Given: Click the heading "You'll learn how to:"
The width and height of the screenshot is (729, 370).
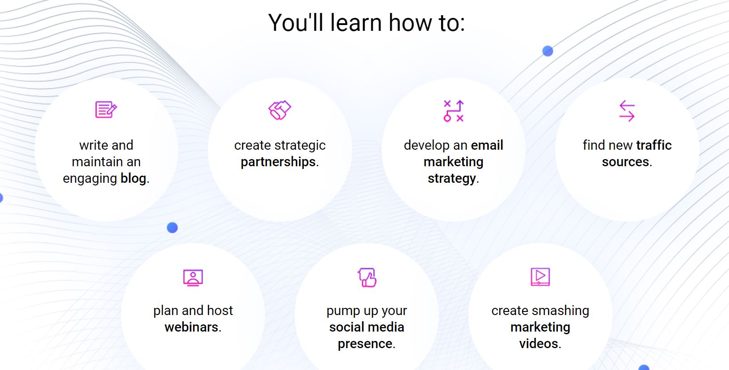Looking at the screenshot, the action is (367, 23).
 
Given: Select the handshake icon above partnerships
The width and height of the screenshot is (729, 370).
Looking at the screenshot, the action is (279, 110).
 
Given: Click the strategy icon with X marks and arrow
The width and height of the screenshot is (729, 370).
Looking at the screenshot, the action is (453, 111).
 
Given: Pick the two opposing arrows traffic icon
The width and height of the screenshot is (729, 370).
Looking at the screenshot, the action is (627, 111).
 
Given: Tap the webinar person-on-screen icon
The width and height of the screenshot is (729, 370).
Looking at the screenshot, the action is (193, 277).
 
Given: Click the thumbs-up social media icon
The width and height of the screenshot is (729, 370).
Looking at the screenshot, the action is (367, 277).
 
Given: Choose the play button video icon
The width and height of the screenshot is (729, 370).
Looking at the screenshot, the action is (540, 277).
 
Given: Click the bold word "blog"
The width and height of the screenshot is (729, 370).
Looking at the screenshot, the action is (134, 178).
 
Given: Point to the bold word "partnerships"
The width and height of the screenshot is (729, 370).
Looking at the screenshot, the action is (278, 162).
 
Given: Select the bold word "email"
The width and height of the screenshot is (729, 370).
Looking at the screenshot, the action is (487, 145).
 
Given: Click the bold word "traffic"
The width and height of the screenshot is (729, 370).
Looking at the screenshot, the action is (654, 145).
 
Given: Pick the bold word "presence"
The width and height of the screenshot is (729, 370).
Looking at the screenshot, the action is (365, 344).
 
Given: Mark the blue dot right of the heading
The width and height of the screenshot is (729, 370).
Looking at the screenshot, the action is (548, 51).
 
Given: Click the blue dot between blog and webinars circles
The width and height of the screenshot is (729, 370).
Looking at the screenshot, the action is (172, 227).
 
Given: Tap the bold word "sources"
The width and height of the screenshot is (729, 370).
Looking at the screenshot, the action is (625, 162).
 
